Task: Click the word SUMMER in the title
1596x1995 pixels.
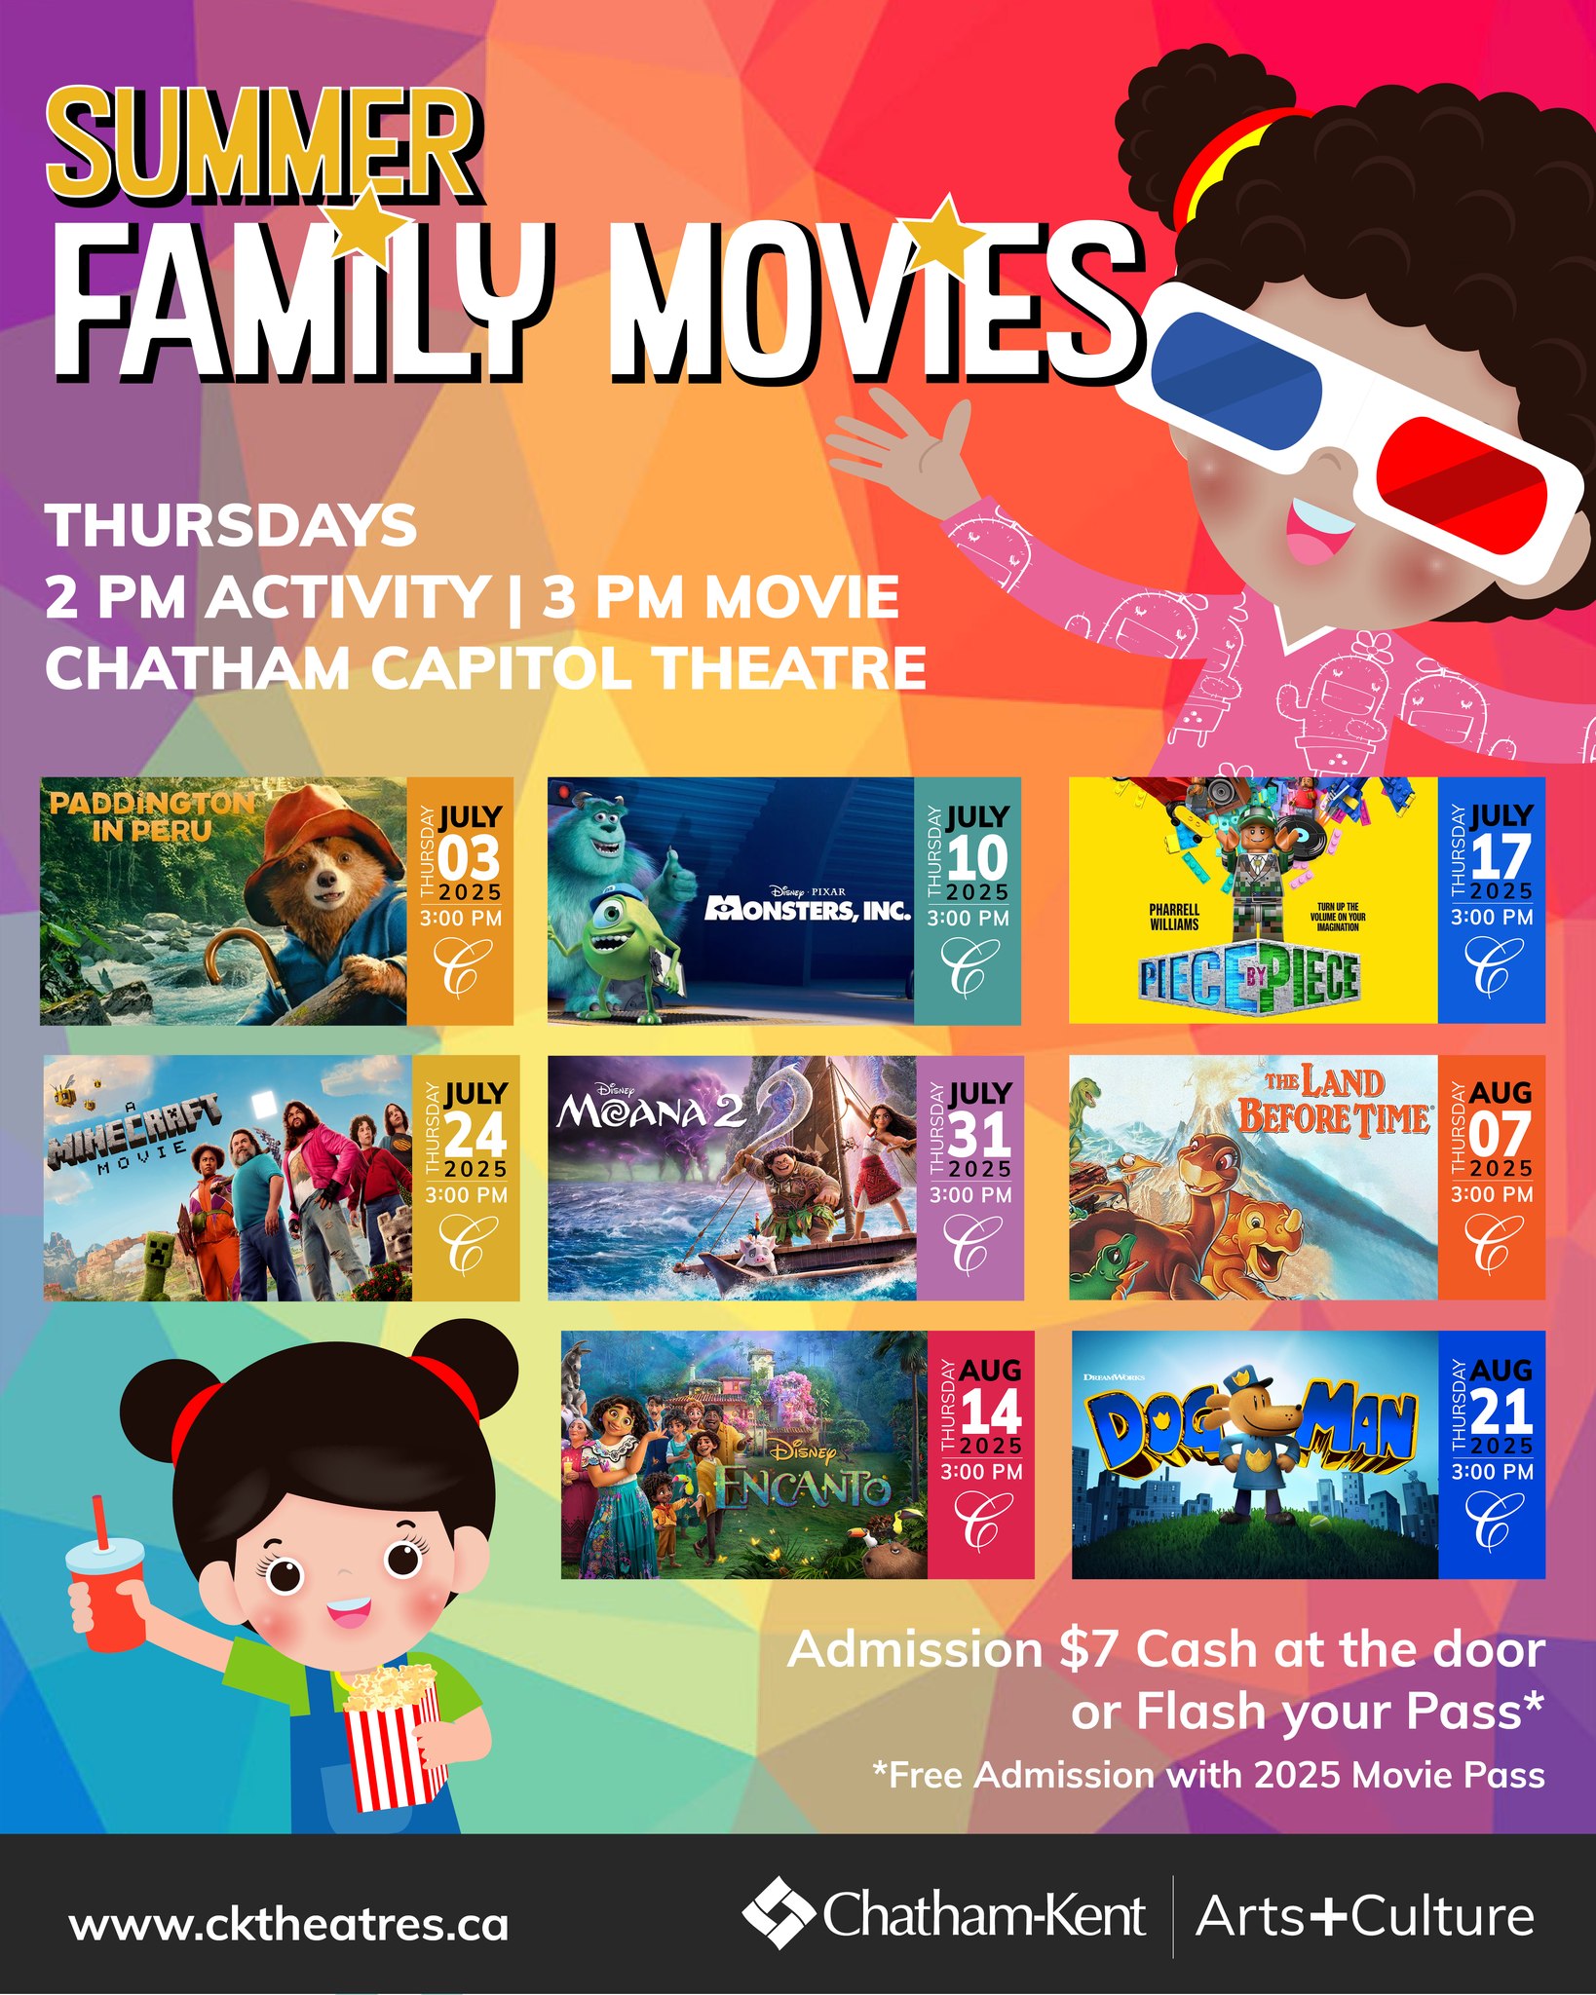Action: pos(263,144)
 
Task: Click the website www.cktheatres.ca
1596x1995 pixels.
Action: pos(288,1924)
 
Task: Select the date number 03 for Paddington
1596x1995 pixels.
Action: pos(469,858)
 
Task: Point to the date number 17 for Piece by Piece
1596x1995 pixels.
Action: pos(1501,857)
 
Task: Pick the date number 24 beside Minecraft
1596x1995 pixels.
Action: pos(475,1135)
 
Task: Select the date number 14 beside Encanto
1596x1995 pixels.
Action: pos(991,1412)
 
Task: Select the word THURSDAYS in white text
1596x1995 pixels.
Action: pos(232,526)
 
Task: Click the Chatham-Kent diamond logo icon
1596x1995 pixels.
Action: pos(778,1912)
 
